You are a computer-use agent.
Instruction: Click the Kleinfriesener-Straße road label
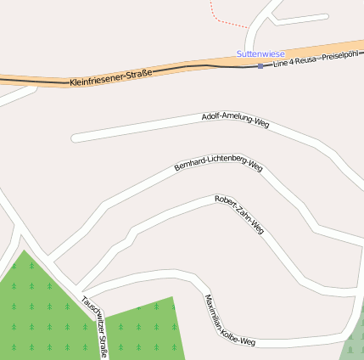pos(110,77)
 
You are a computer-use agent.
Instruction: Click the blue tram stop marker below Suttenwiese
pos(260,65)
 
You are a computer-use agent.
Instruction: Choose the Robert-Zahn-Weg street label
pos(239,215)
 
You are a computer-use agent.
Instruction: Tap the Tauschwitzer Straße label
pos(95,325)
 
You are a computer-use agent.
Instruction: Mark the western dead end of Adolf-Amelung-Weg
pos(75,137)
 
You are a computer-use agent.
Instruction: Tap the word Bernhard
pos(188,162)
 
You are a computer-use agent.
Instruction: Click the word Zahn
pos(241,216)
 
